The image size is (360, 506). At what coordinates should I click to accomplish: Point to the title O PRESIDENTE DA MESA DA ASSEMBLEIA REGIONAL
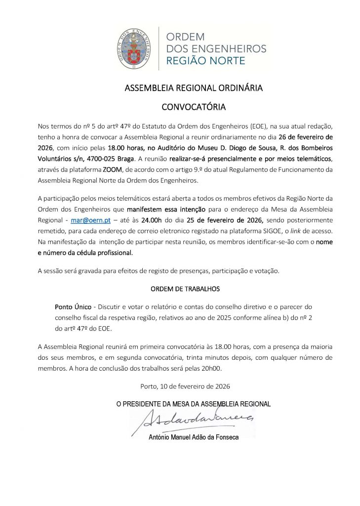pyautogui.click(x=193, y=404)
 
